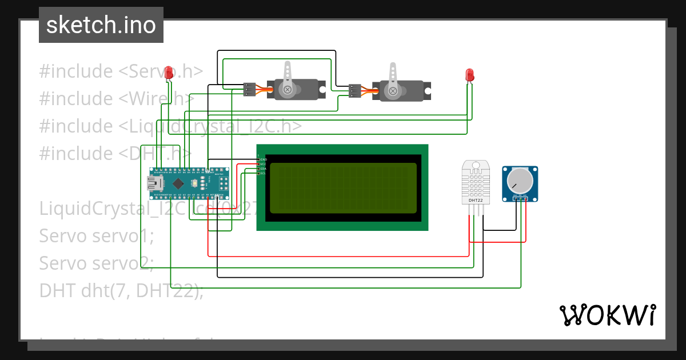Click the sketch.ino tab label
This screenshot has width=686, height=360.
coord(101,25)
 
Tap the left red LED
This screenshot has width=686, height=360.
coord(169,73)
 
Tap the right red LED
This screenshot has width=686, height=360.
coord(469,75)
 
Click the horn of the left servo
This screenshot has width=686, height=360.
coord(288,77)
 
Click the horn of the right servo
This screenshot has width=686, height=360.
coord(393,78)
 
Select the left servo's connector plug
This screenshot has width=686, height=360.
coord(249,89)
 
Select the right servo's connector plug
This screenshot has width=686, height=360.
coord(354,90)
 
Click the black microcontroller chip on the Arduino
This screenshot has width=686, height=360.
coord(179,183)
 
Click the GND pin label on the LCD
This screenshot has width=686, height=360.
coord(264,159)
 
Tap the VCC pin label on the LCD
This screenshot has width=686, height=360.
coord(264,164)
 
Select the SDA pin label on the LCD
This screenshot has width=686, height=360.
coord(264,169)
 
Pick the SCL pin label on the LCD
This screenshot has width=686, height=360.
coord(264,173)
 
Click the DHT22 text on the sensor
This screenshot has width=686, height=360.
coord(476,201)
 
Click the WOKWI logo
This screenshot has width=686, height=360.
coord(607,315)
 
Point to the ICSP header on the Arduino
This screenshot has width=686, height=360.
coord(224,183)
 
